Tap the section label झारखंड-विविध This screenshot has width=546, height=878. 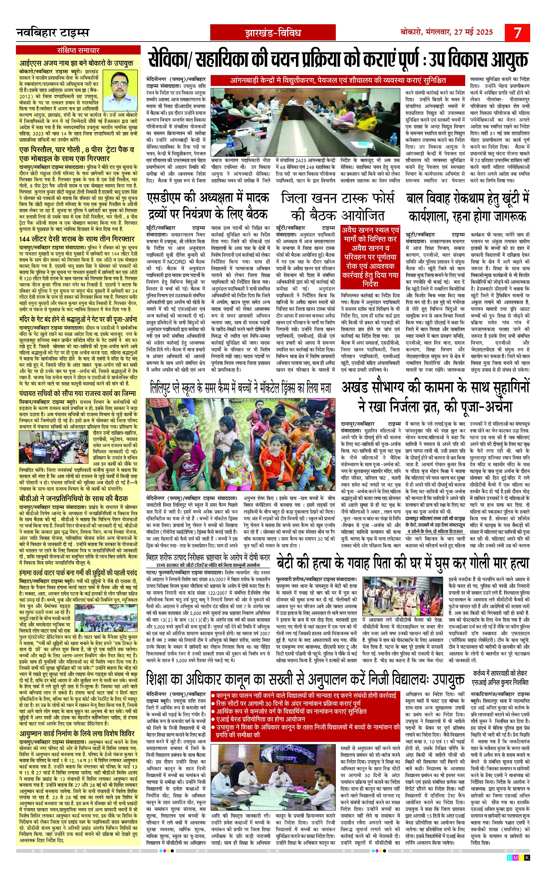(x=273, y=33)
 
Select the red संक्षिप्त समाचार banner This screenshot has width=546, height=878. (x=78, y=50)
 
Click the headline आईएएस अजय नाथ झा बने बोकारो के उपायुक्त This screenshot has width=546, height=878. (x=76, y=62)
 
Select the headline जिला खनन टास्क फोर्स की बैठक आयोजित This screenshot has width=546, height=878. (x=338, y=207)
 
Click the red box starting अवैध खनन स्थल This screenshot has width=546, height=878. (x=370, y=257)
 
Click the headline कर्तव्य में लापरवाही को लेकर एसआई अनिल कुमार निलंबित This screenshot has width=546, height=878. (x=500, y=678)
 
